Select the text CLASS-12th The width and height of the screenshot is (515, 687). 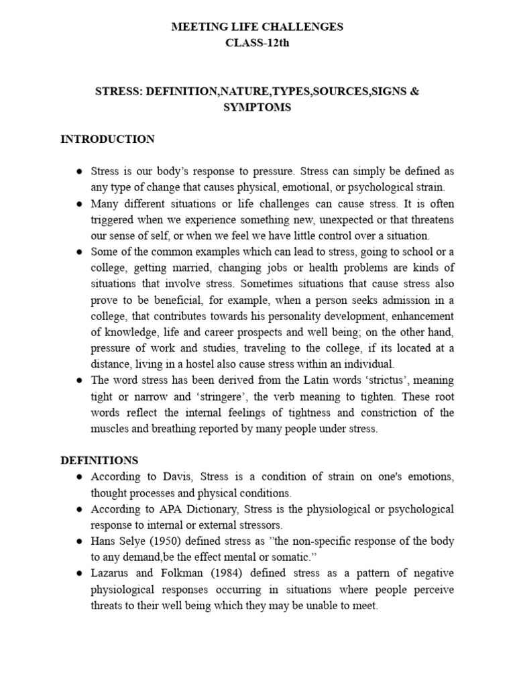click(x=257, y=44)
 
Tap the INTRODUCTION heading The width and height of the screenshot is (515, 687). click(x=107, y=140)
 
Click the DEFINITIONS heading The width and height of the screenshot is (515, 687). click(x=99, y=460)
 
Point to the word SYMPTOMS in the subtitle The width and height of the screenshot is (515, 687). click(x=257, y=107)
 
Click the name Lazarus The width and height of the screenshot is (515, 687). click(x=111, y=574)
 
